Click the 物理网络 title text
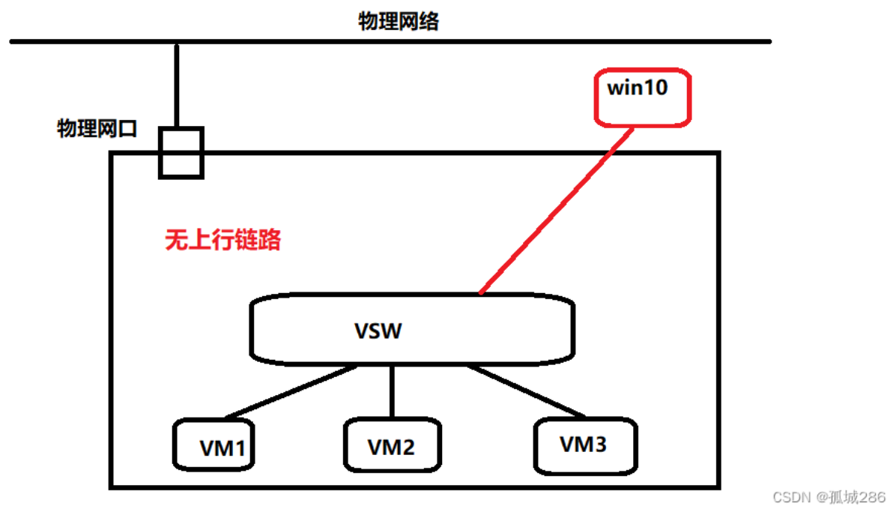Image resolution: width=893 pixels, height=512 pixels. coord(398,22)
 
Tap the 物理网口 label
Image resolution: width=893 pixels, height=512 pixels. coord(97,129)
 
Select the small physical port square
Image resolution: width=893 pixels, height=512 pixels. coord(181,153)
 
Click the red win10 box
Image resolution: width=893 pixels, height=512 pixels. coord(641,97)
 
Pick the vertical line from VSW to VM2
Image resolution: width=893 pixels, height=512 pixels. coord(392,390)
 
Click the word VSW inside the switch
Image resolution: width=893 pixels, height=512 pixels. coord(378,331)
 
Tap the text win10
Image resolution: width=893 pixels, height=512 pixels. coord(637,88)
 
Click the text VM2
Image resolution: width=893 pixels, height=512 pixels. coord(391,447)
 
